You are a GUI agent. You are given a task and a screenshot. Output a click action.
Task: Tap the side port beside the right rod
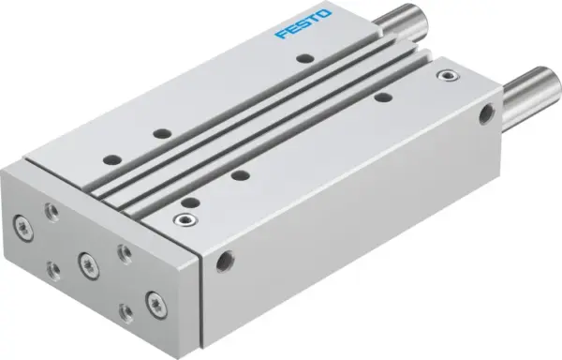[485, 115]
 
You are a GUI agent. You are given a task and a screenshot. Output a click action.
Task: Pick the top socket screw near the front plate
[182, 219]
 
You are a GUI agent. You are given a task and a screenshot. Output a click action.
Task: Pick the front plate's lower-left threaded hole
[54, 268]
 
